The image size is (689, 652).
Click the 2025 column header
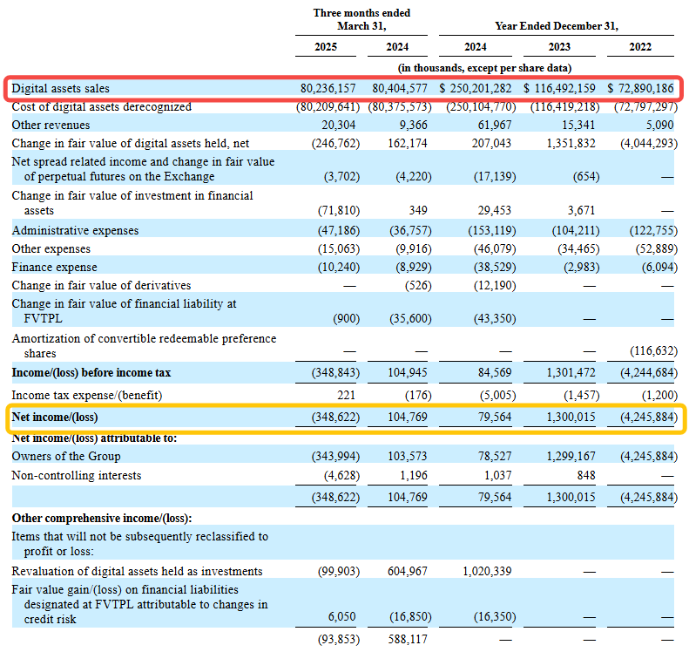click(326, 47)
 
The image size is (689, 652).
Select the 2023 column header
click(559, 47)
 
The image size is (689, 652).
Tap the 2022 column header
click(639, 47)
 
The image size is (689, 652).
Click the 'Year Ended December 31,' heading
click(557, 26)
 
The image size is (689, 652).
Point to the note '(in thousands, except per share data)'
click(484, 68)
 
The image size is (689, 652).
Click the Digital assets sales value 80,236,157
click(328, 88)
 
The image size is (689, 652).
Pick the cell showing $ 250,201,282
click(476, 88)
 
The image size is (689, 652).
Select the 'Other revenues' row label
click(51, 126)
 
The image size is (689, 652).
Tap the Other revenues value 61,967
click(495, 126)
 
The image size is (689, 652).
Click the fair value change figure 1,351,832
click(571, 143)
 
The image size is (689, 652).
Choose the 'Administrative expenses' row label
click(75, 231)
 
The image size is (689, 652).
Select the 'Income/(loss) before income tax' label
click(91, 373)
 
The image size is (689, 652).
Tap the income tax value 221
click(347, 395)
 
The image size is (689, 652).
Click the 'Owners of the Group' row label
click(66, 457)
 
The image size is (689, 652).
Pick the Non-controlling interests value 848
click(586, 475)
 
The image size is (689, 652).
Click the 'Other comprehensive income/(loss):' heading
click(102, 519)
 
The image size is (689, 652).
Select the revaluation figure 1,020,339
click(487, 571)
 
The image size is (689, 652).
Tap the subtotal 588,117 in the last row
click(408, 639)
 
